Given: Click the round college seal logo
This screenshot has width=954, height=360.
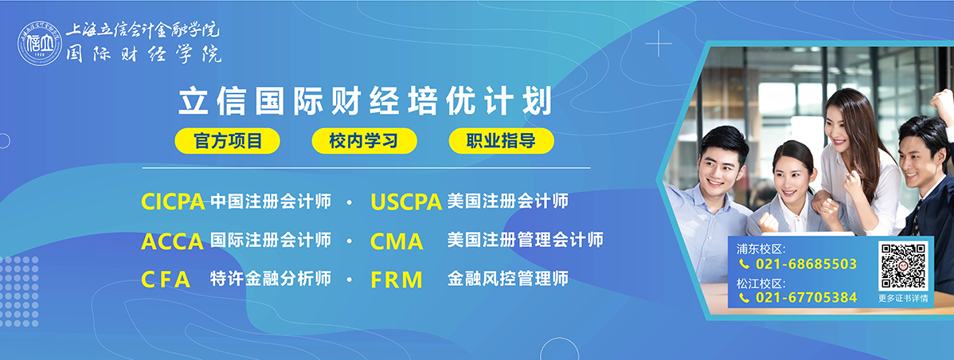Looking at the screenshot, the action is [40, 43].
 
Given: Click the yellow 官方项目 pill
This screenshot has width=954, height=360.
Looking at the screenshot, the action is [228, 141].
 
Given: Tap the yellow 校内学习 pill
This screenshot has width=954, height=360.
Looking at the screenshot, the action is [364, 141].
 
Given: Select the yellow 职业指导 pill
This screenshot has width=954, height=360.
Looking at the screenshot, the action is [502, 141].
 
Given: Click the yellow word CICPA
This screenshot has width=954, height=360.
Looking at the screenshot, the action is [173, 202].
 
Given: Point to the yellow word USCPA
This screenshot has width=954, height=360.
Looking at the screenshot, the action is [406, 202].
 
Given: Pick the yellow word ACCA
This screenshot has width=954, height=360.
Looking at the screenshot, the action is [172, 241].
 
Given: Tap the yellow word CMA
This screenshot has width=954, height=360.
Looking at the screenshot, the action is [397, 241].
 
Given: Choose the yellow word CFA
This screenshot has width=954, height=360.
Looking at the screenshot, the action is [166, 280].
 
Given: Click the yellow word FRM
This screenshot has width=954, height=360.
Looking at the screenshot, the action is [396, 280].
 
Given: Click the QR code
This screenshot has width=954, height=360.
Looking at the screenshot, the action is [903, 266].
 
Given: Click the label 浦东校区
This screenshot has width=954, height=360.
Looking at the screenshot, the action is [761, 248].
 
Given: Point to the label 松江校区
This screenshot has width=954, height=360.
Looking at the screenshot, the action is [761, 283].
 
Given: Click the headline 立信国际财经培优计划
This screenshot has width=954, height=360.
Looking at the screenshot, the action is [365, 102].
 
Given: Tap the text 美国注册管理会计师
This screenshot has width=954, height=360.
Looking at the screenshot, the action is [526, 239].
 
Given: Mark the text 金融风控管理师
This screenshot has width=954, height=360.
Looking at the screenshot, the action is [508, 279].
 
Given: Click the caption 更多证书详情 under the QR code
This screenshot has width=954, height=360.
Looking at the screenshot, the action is [904, 298].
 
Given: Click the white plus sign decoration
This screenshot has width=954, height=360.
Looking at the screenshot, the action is [659, 44].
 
